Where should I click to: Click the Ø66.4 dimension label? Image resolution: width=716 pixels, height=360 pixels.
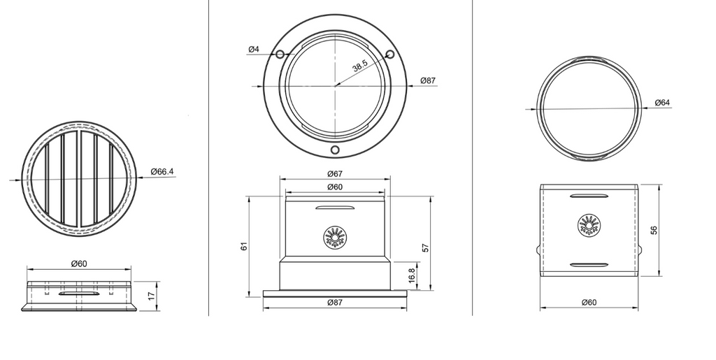pyautogui.click(x=162, y=171)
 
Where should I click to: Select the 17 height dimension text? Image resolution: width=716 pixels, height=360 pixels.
pyautogui.click(x=152, y=296)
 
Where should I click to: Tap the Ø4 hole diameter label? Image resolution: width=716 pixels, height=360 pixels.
pyautogui.click(x=253, y=49)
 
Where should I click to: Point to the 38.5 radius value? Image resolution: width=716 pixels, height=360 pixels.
pyautogui.click(x=360, y=66)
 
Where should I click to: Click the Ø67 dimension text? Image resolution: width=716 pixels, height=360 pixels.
pyautogui.click(x=335, y=174)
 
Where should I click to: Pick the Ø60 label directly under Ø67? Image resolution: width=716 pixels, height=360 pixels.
pyautogui.click(x=335, y=187)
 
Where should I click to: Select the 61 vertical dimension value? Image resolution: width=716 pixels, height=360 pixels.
pyautogui.click(x=244, y=246)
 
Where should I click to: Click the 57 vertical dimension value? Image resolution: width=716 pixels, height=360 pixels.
pyautogui.click(x=426, y=247)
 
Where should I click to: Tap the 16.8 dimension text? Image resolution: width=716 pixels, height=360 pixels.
pyautogui.click(x=411, y=276)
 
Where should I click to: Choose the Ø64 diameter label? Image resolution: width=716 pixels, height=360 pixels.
pyautogui.click(x=662, y=103)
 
